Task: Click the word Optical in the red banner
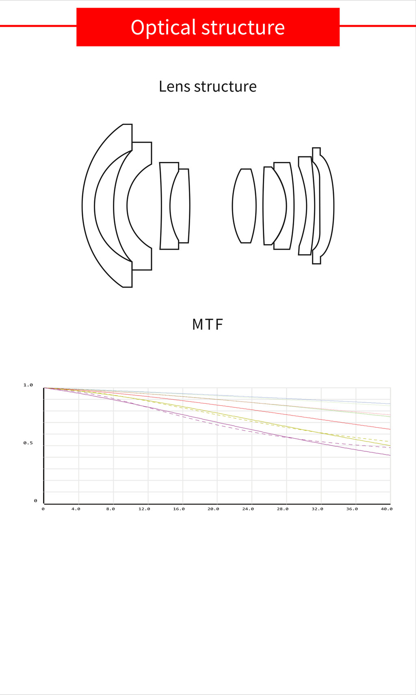[x=164, y=28]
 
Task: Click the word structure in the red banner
[x=243, y=27]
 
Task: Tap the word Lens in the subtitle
[x=174, y=86]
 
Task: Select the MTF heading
[x=208, y=324]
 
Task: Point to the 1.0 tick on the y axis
[x=28, y=385]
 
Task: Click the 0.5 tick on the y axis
[x=28, y=443]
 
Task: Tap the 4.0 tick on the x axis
[x=76, y=509]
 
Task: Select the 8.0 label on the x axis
[x=110, y=509]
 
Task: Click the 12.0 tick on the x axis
[x=144, y=509]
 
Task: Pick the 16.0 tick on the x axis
[x=179, y=509]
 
